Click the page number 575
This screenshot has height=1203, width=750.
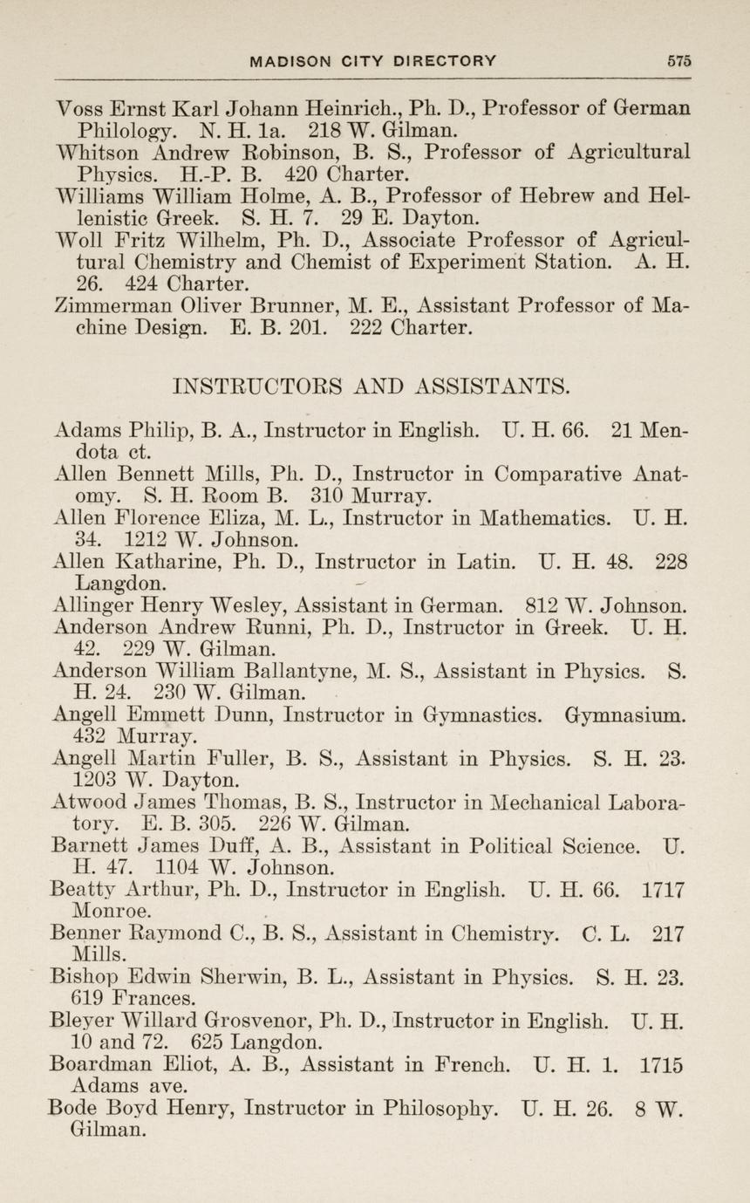679,61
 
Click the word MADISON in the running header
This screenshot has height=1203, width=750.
289,61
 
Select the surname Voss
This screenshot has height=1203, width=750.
80,109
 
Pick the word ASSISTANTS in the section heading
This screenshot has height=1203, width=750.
488,385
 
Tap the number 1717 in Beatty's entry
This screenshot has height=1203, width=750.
663,891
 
